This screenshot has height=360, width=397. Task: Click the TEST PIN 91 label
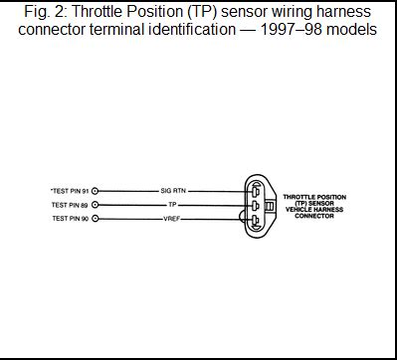(68, 190)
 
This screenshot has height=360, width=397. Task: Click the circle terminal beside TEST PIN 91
(95, 190)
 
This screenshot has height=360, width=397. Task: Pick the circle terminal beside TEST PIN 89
(95, 204)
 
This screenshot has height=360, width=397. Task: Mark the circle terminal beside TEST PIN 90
(95, 218)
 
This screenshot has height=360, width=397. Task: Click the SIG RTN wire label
(173, 190)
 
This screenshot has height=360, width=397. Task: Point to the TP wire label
(172, 204)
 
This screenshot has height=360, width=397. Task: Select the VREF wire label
(171, 218)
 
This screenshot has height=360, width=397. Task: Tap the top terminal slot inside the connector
(256, 190)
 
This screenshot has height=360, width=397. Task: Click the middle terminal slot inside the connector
(256, 206)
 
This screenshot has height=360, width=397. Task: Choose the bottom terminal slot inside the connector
(256, 222)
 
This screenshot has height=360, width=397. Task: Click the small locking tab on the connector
(270, 206)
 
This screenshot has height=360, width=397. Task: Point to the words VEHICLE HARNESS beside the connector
(314, 210)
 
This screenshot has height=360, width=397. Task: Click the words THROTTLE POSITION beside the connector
(314, 197)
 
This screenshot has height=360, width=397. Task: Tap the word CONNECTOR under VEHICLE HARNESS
(314, 216)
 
